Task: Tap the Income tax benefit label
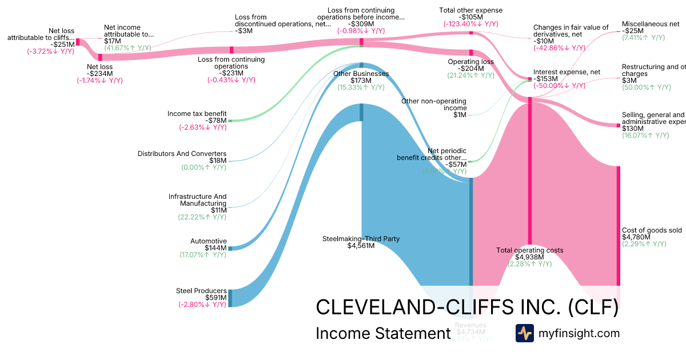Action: tap(197, 114)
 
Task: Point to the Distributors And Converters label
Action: tap(182, 154)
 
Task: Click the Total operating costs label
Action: tap(529, 250)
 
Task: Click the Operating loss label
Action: tap(470, 61)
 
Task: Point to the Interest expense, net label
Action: tap(558, 72)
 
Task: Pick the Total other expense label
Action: tap(470, 10)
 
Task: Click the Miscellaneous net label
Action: tap(651, 24)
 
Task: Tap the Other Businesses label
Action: tap(361, 74)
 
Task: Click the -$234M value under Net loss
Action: tap(99, 73)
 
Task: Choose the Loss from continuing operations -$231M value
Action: tap(231, 73)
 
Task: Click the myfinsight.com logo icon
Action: tap(524, 333)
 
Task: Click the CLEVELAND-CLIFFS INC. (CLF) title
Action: tap(467, 307)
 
